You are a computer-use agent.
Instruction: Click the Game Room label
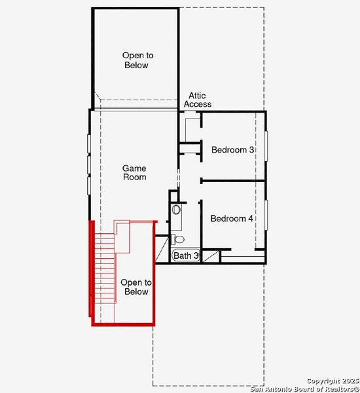click(134, 173)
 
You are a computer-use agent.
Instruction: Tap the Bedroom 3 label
click(232, 150)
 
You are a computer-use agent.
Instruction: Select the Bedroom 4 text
click(232, 219)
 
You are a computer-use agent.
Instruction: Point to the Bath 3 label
click(186, 255)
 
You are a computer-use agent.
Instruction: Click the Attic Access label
click(197, 100)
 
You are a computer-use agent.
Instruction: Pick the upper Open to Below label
click(135, 60)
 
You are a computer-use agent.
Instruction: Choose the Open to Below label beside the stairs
click(136, 287)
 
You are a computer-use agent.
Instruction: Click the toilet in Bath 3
click(179, 240)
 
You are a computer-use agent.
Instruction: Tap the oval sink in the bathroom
click(175, 210)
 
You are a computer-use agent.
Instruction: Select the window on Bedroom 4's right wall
click(266, 219)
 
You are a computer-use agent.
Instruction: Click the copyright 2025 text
click(333, 381)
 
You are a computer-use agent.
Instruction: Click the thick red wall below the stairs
click(123, 323)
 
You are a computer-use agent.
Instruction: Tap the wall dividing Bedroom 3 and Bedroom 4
click(233, 181)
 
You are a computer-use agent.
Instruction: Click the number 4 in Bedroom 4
click(250, 219)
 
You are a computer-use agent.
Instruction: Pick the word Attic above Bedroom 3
click(197, 96)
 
